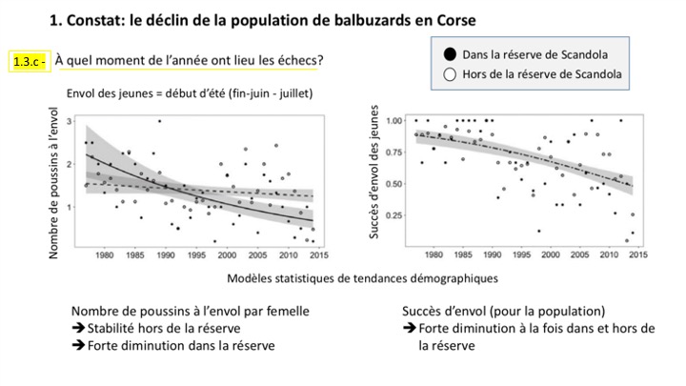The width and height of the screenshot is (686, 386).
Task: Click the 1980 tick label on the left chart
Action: pos(105,254)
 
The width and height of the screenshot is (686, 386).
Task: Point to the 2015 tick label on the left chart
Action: pos(319,254)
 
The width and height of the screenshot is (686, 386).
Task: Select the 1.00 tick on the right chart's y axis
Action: pos(393,120)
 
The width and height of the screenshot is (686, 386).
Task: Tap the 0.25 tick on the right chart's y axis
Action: pos(393,215)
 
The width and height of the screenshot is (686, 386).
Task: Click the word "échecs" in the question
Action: pos(297,59)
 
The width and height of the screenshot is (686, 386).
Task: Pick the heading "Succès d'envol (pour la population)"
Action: pos(503,312)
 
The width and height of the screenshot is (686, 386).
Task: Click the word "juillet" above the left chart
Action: pos(291,93)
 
